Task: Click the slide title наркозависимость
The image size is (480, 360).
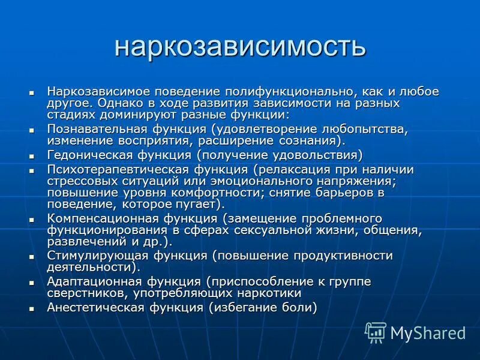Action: (239, 47)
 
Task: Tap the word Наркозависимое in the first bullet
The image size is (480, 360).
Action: (99, 92)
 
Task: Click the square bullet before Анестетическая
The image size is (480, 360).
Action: (32, 308)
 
